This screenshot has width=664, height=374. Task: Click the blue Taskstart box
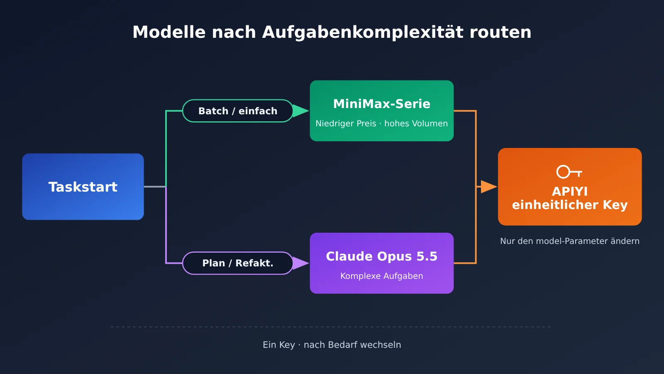[x=83, y=187]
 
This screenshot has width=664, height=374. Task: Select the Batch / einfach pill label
[x=238, y=111]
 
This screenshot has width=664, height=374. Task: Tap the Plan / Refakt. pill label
[x=238, y=263]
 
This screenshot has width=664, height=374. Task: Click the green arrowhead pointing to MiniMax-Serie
[x=300, y=111]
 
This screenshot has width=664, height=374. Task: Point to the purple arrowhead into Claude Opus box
[x=300, y=263]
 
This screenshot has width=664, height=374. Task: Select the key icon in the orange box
[x=569, y=172]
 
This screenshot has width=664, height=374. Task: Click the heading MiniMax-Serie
[x=382, y=104]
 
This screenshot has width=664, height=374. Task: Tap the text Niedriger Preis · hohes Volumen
[x=382, y=123]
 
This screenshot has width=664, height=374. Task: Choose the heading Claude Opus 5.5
[x=382, y=256]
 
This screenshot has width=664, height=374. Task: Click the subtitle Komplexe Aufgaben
[x=382, y=276]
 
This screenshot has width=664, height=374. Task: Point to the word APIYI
[x=570, y=192]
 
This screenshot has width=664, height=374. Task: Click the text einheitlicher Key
[x=570, y=205]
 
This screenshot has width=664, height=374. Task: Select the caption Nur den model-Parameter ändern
[x=570, y=241]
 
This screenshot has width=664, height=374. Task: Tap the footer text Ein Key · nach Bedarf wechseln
[x=332, y=345]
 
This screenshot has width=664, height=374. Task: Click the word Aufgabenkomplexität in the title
[x=363, y=32]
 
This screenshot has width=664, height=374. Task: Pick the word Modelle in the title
[x=169, y=32]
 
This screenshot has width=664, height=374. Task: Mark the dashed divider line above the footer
[x=331, y=327]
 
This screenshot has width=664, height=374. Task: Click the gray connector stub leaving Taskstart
[x=155, y=187]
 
